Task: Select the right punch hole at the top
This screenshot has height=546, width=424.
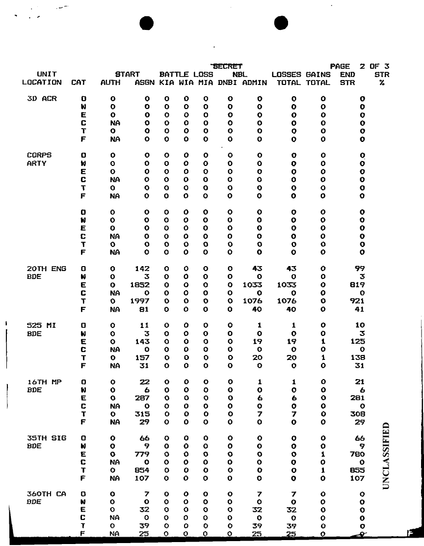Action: [280, 23]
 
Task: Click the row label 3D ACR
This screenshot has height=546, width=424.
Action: [42, 98]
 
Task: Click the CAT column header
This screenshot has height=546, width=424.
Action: [79, 82]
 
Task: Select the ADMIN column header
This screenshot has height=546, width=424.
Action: [254, 82]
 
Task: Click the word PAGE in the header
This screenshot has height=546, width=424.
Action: [340, 66]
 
